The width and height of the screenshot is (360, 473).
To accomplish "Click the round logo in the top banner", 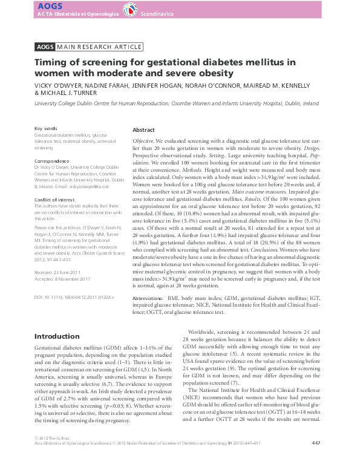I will click(129, 9).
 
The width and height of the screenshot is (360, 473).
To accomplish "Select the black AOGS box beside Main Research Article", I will click(45, 47).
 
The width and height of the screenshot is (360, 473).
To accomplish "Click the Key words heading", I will click(47, 129).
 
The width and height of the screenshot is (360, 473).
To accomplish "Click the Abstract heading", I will click(143, 130).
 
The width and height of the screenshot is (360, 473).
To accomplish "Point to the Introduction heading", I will click(57, 336).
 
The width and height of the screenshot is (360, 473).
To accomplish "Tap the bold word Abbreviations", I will click(147, 299).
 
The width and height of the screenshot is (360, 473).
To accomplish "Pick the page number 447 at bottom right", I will click(315, 460).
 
